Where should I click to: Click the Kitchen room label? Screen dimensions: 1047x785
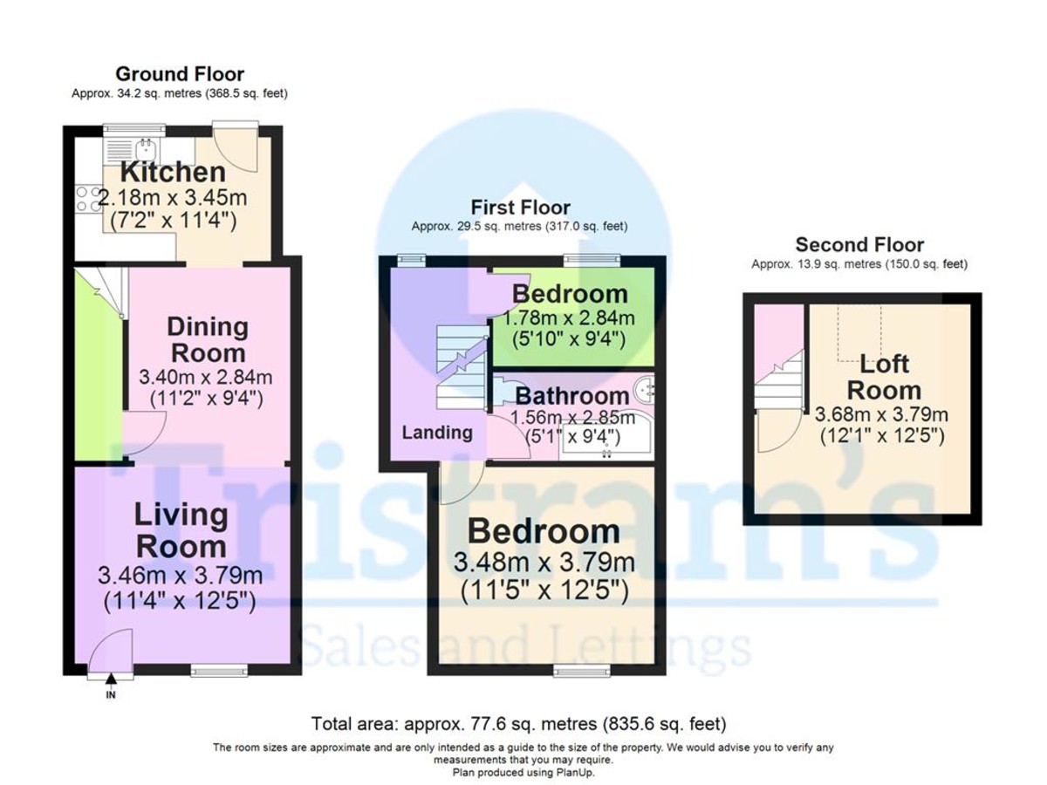173,172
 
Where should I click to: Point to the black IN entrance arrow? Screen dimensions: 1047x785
111,679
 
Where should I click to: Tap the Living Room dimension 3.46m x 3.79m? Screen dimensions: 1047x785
180,576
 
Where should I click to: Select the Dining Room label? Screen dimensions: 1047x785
208,340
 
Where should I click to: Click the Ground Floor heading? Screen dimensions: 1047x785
180,74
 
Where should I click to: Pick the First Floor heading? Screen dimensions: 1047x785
520,208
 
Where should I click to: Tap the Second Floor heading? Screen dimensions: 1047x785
859,244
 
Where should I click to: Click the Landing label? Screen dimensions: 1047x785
437,433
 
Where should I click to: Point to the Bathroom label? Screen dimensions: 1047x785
571,396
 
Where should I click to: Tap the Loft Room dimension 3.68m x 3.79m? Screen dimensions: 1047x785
881,414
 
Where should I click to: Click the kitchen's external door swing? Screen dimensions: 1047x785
236,150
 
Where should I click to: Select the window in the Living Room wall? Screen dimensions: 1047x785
219,672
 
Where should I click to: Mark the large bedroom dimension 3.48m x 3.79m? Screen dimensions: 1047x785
544,563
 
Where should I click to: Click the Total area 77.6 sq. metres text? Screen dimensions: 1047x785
518,724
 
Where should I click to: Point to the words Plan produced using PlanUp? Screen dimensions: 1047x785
523,772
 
